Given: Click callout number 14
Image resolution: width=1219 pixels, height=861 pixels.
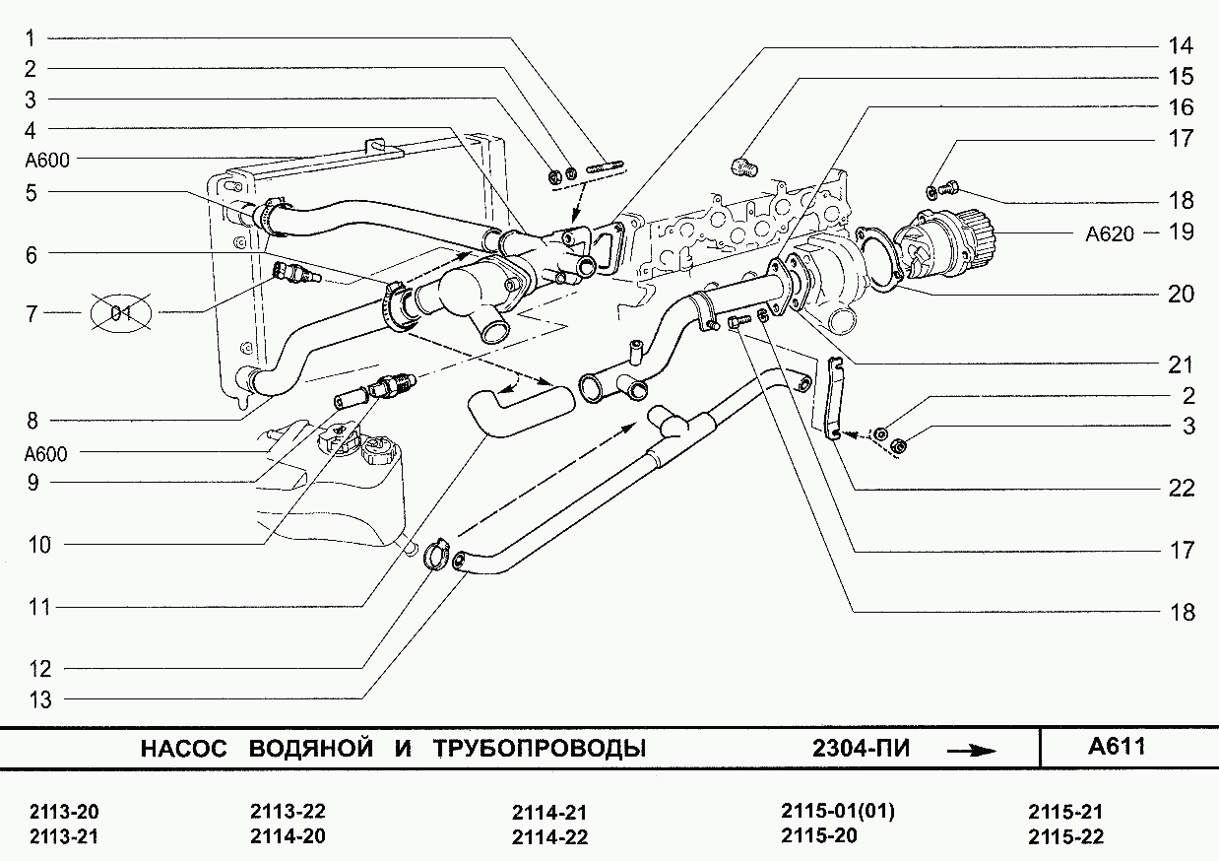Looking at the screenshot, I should tap(1181, 46).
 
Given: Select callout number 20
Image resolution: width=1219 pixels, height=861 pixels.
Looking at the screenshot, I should tap(1181, 294).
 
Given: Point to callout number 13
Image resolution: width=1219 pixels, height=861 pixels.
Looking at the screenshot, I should tap(39, 700).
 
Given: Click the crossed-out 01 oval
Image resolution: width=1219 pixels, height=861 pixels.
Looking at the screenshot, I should tap(121, 314).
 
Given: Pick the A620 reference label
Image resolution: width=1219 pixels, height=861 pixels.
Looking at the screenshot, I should tap(1110, 234).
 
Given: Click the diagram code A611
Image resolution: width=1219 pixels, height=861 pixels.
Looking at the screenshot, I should tap(1117, 747).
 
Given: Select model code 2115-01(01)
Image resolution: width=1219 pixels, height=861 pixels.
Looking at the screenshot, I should tap(838, 812).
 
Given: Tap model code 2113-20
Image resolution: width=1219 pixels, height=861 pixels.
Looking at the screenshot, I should tap(65, 813).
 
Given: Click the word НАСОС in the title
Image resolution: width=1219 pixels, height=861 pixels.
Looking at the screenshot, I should tap(183, 749).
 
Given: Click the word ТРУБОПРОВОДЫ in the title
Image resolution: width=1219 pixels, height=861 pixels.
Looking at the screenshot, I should tap(539, 749).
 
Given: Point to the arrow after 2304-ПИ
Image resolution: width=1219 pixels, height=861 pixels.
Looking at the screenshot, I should tap(970, 750).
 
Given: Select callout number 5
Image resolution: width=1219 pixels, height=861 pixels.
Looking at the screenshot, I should tap(32, 193).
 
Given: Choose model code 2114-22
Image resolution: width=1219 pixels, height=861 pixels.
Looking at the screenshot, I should tap(549, 837).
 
